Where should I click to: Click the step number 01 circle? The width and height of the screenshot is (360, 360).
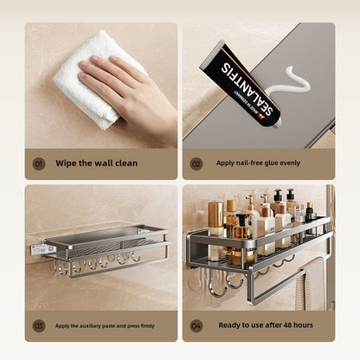(x=39, y=163)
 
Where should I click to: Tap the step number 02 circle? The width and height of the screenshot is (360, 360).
(x=196, y=163)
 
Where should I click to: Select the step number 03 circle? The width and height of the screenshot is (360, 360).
(x=39, y=325)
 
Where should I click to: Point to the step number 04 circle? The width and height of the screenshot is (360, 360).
(x=196, y=325)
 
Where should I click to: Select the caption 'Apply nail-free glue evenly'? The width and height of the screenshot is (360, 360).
(x=258, y=163)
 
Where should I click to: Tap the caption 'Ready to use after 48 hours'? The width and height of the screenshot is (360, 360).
(x=264, y=325)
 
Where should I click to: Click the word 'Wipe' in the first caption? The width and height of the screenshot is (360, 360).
(x=66, y=163)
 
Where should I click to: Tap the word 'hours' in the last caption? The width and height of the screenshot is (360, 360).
(x=303, y=325)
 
